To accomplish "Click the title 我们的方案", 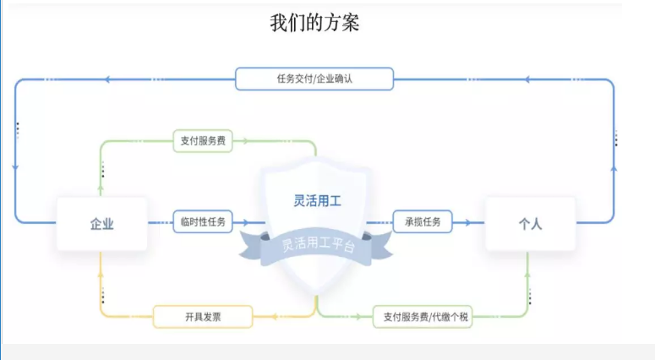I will [x=314, y=23].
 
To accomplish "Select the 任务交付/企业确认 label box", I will [x=314, y=79].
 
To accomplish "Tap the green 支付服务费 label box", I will [x=203, y=141].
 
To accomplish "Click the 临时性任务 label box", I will [x=203, y=222].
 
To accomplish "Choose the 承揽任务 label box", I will [x=423, y=222].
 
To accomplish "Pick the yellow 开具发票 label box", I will [x=203, y=317].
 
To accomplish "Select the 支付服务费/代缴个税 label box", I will [x=423, y=317].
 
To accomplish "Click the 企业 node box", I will [x=101, y=223].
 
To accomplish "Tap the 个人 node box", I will [x=530, y=223].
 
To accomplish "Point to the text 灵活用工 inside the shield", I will [x=315, y=201].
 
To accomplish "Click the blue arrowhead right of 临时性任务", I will [x=245, y=222].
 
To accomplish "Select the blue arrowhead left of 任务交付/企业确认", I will [x=107, y=79].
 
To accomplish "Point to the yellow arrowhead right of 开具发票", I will [x=274, y=317].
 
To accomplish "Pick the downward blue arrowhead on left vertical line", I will [x=16, y=168].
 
